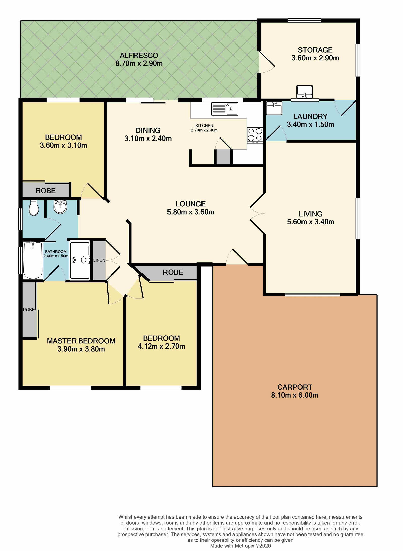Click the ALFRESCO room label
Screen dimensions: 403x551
pos(139,55)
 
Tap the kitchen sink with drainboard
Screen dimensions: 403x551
pos(225,109)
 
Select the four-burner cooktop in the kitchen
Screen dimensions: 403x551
pos(255,135)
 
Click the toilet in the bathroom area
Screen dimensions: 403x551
pos(33,208)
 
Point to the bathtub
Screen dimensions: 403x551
pos(33,260)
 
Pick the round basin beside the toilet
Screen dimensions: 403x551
pos(60,207)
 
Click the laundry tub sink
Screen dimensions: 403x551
pos(274,108)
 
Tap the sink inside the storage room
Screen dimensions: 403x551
pos(305,92)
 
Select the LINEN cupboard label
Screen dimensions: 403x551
pos(99,260)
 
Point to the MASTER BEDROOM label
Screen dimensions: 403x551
pos(81,341)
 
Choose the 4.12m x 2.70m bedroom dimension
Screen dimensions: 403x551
pos(161,346)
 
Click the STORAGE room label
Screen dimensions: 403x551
pos(315,50)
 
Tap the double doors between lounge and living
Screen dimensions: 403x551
pos(257,214)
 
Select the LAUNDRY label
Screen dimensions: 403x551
pos(310,116)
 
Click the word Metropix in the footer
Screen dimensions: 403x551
pos(244,546)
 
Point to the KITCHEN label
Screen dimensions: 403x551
pos(204,126)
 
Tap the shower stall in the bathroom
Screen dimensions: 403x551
pos(80,260)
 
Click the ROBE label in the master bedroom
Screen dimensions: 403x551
pos(29,310)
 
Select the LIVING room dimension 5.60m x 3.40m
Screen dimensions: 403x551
pos(311,222)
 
